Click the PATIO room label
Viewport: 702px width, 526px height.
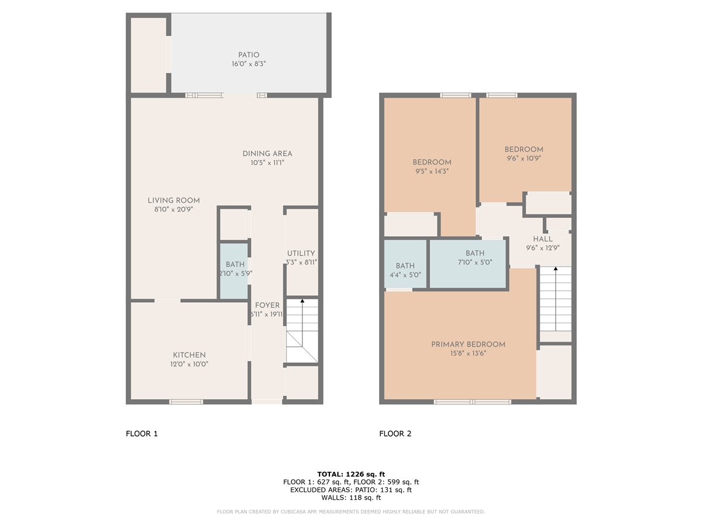pyautogui.click(x=249, y=55)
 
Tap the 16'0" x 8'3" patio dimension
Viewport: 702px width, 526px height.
pyautogui.click(x=249, y=64)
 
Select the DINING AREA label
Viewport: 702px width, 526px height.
pyautogui.click(x=267, y=154)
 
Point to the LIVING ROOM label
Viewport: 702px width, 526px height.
pyautogui.click(x=174, y=200)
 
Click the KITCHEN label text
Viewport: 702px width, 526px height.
pyautogui.click(x=190, y=355)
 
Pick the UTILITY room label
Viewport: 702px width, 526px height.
pyautogui.click(x=301, y=253)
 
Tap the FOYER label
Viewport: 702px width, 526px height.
pyautogui.click(x=267, y=305)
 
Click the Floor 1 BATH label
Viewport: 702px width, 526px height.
pyautogui.click(x=235, y=264)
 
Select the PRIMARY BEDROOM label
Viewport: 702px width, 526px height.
pyautogui.click(x=468, y=344)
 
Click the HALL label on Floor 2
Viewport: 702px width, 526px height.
pyautogui.click(x=543, y=239)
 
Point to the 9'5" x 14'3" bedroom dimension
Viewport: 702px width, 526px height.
pyautogui.click(x=432, y=171)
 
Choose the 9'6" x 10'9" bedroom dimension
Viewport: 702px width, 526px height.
pyautogui.click(x=524, y=158)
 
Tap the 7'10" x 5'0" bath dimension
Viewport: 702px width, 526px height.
pyautogui.click(x=475, y=262)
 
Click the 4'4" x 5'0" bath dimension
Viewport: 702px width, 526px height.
pyautogui.click(x=405, y=275)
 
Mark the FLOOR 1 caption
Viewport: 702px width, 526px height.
pyautogui.click(x=142, y=434)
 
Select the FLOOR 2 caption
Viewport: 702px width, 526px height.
pyautogui.click(x=395, y=434)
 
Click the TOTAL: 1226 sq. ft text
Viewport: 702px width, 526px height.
pyautogui.click(x=351, y=474)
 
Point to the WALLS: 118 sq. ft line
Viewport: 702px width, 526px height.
pyautogui.click(x=351, y=497)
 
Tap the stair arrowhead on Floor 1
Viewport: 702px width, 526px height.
pyautogui.click(x=302, y=301)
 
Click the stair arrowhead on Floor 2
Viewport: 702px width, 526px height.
pyautogui.click(x=556, y=269)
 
